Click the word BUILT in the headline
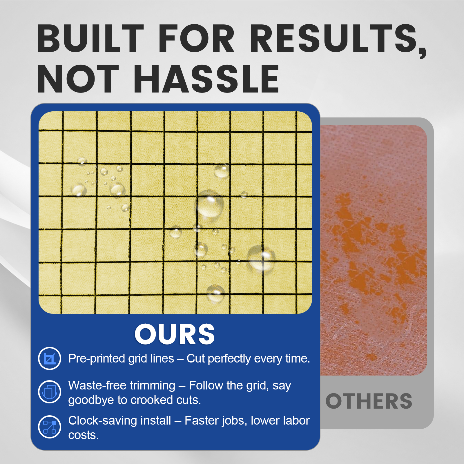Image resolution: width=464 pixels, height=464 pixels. (90, 38)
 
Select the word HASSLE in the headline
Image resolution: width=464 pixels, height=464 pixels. (206, 79)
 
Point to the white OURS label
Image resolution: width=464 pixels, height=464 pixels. (175, 334)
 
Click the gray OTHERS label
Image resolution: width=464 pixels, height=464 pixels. (369, 401)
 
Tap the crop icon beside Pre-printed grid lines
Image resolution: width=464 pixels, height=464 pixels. (50, 358)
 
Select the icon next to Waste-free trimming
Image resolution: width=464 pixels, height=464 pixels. (50, 392)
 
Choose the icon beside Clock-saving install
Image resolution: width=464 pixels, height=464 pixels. (50, 427)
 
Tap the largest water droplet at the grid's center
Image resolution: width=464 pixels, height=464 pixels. (209, 204)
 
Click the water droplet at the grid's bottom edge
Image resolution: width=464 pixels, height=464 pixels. (215, 293)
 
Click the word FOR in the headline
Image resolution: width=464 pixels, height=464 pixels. (196, 38)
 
